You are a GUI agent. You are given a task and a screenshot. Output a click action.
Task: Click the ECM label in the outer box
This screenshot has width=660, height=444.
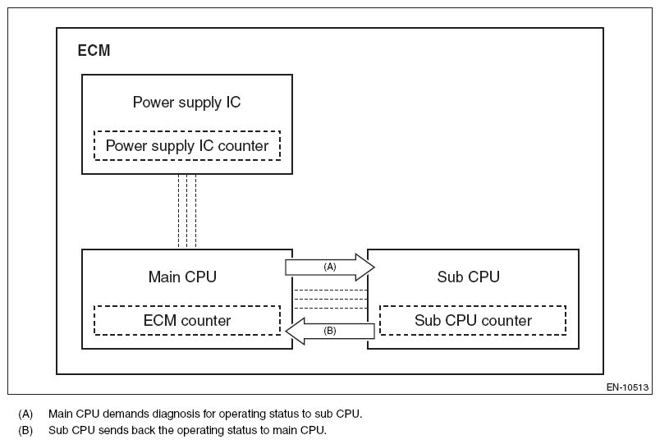[94, 51]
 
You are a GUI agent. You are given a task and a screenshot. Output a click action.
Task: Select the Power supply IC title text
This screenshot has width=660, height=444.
[186, 103]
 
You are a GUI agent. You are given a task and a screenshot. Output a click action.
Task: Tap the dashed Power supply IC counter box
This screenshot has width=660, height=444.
[187, 146]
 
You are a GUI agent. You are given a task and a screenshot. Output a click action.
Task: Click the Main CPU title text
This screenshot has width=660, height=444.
[182, 277]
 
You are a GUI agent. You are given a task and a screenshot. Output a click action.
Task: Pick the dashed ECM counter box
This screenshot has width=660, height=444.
[187, 320]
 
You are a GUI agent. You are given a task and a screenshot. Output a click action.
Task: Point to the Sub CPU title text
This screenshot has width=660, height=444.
[468, 277]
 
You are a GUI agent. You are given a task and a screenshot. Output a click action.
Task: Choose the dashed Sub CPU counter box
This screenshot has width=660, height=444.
[473, 320]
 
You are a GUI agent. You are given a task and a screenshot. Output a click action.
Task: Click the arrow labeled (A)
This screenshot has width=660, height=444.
[329, 267]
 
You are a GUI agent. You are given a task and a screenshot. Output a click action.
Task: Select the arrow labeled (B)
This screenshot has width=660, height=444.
[330, 331]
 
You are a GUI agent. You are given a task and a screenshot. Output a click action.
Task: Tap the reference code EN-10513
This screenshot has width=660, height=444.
[628, 387]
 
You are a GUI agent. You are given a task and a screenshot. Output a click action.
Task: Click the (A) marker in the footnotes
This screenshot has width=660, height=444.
[25, 414]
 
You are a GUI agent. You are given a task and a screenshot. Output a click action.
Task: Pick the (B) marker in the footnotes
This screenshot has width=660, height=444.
[25, 430]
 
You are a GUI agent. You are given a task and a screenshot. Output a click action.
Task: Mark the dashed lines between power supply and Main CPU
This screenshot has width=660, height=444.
[187, 211]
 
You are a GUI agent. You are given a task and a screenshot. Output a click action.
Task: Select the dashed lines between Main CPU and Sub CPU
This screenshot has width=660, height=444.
[330, 299]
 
